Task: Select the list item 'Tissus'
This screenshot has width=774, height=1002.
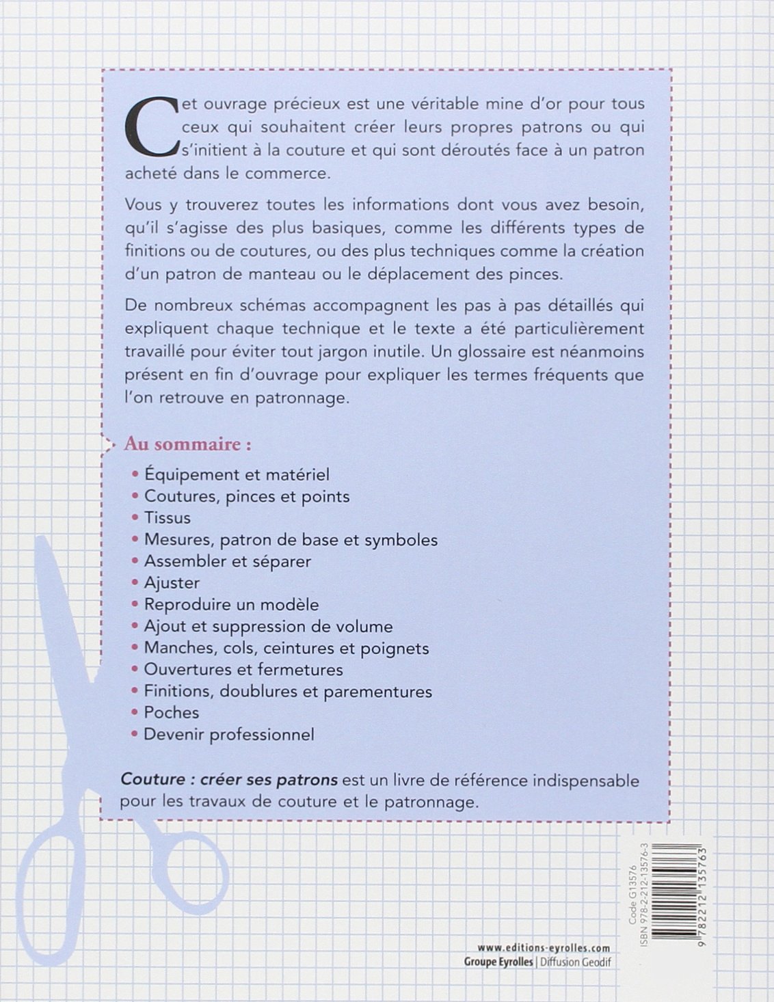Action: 167,518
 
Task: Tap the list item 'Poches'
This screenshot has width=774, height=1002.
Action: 171,713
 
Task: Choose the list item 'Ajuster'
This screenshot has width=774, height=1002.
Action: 172,583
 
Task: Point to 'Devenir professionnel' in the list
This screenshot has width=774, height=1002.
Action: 228,735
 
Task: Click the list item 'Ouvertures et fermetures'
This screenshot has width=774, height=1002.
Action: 243,670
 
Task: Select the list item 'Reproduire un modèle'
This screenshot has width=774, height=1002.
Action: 231,605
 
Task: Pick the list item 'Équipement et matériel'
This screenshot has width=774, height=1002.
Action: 237,474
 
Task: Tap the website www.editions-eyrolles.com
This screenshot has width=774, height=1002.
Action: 544,948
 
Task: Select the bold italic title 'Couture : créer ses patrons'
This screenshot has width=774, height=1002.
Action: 229,780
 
